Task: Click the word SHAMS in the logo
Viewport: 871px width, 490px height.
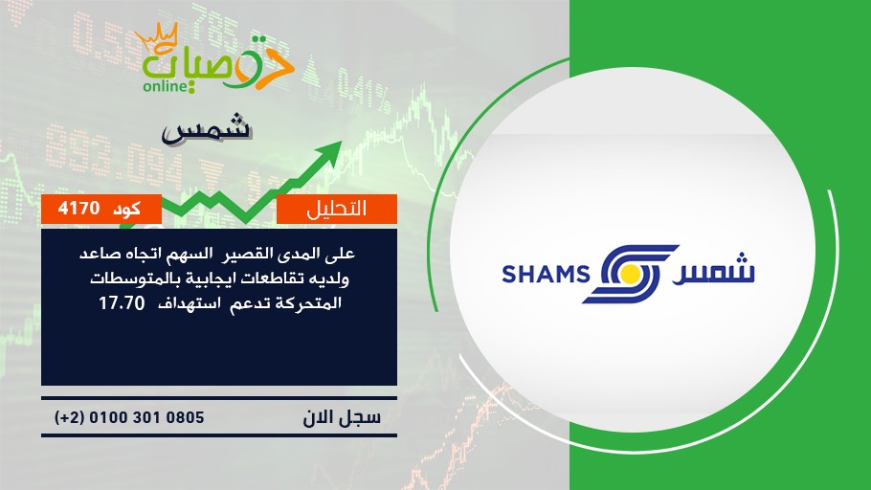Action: [546, 275]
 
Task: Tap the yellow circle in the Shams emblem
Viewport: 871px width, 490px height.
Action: [630, 274]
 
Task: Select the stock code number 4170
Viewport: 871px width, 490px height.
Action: [78, 209]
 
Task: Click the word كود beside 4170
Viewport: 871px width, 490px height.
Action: [126, 209]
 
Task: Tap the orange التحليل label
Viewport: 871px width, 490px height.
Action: [337, 209]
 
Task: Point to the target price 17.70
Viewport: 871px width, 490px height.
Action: [122, 303]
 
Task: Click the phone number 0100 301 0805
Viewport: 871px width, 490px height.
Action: [146, 417]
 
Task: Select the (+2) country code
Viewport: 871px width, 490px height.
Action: [69, 417]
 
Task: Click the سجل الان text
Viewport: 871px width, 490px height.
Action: [342, 417]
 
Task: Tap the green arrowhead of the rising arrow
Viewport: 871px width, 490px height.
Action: [329, 151]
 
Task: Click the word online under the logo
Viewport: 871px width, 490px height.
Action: [166, 86]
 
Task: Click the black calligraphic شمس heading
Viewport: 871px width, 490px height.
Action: [207, 130]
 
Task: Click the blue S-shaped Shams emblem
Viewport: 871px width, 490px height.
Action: [631, 274]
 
